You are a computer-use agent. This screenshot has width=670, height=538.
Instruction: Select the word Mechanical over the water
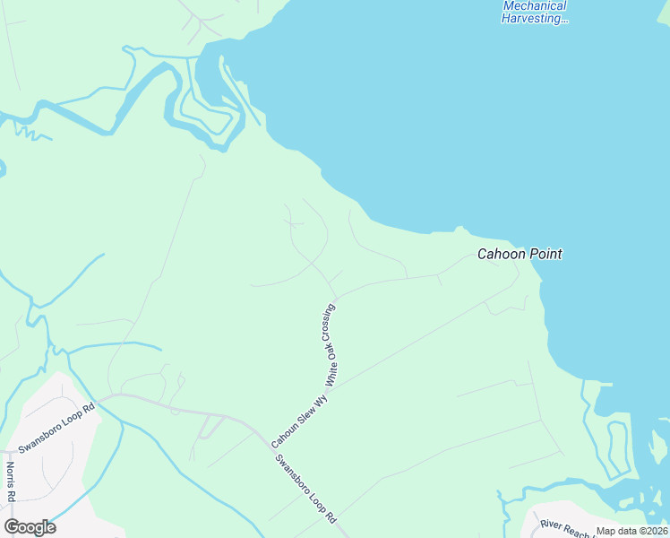[535, 6]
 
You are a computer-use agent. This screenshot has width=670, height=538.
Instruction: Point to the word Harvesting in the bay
[535, 18]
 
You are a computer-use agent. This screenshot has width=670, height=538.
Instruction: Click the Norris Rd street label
[11, 482]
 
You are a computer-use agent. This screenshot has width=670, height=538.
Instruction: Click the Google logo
[30, 527]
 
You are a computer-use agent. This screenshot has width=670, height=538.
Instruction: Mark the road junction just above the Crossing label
[335, 295]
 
